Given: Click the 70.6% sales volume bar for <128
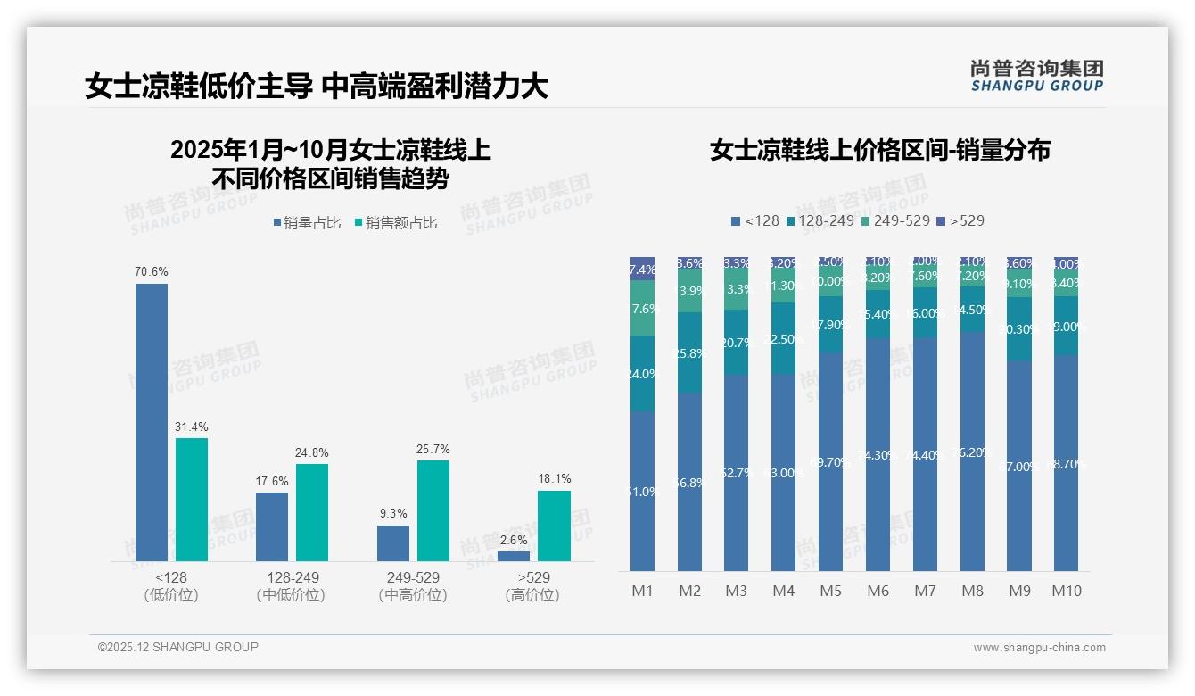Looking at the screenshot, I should pos(152,422).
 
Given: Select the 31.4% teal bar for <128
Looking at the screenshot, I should pos(192,499).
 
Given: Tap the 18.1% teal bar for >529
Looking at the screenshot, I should pos(553,526).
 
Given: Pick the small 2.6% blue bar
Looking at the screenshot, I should pos(514,556).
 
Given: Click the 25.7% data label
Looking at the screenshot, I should pos(433,449).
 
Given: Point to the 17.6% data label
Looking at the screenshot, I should pos(272,481).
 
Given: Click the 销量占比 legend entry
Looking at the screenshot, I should pos(307,223).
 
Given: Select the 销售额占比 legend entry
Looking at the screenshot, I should pos(396,223).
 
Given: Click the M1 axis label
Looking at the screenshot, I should pos(642,591).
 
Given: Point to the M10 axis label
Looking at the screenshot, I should pos(1066,591).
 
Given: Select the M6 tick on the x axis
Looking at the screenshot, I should pos(878,591).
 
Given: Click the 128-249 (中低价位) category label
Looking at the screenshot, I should pos(291,586).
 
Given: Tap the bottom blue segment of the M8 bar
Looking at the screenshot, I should pos(972,451).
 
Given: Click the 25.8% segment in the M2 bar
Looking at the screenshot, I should pos(689,352).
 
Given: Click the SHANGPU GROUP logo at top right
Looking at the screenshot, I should pos(1036,76).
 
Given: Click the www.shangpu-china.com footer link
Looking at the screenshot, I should pos(1039,648).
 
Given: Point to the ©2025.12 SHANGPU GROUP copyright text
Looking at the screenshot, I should pos(178,647).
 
